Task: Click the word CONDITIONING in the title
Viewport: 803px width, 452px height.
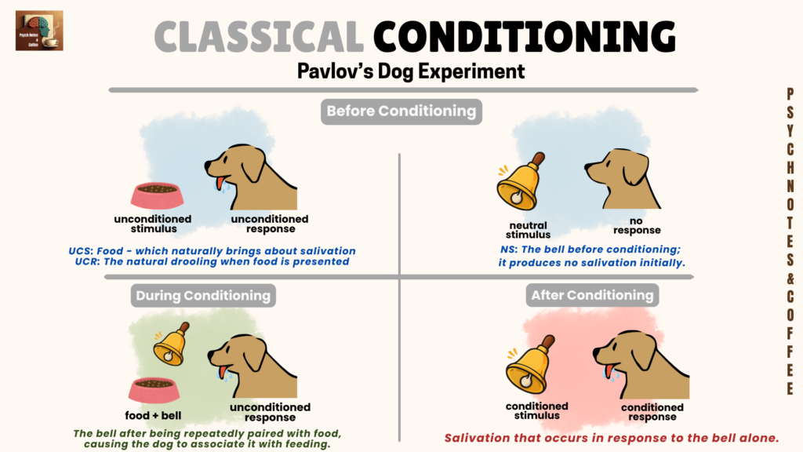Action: pyautogui.click(x=524, y=37)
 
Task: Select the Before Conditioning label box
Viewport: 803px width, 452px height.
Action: pyautogui.click(x=401, y=111)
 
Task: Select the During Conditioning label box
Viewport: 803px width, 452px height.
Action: pyautogui.click(x=202, y=296)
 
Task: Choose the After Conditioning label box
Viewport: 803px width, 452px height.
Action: pyautogui.click(x=592, y=295)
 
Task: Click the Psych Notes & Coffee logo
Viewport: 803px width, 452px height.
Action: pyautogui.click(x=39, y=31)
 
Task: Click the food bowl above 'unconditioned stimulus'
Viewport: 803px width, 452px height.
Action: pyautogui.click(x=157, y=195)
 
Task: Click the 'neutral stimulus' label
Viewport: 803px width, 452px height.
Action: pyautogui.click(x=528, y=230)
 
